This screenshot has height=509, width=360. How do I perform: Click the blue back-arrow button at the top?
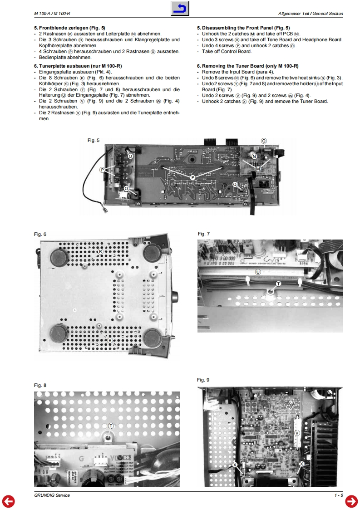(x=180, y=9)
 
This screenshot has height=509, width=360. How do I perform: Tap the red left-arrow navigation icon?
(x=8, y=501)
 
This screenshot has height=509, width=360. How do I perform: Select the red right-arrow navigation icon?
(x=351, y=501)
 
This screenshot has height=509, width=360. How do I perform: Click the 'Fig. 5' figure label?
(x=93, y=141)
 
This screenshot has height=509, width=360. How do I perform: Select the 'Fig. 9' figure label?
(x=203, y=380)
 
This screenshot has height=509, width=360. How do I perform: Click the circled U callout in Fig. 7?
(x=258, y=272)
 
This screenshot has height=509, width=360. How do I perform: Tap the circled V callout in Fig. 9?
(x=297, y=433)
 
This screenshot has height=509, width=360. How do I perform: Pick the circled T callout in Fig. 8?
(x=111, y=426)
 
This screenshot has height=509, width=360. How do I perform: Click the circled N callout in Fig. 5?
(x=254, y=157)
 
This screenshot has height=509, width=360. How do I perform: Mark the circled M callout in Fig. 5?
(x=258, y=169)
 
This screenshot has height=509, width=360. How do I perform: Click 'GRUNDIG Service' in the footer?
(x=52, y=495)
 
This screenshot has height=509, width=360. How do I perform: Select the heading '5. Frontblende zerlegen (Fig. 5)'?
(x=69, y=28)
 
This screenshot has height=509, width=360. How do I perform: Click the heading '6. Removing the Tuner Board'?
(x=247, y=66)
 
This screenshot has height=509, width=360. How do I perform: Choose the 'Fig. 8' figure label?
(x=40, y=385)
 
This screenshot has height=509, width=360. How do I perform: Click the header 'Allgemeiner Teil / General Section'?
(x=311, y=14)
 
